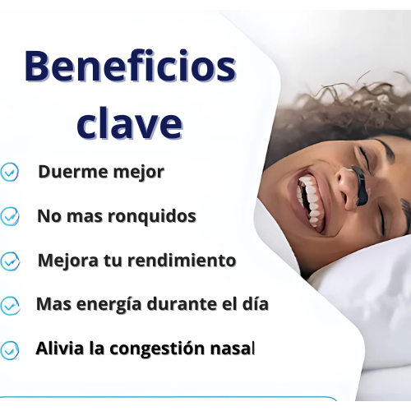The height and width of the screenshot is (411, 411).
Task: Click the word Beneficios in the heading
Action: point(131,67)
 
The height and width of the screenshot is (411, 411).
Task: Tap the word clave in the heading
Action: point(130,122)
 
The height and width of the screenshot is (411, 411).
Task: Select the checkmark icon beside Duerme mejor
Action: point(9,172)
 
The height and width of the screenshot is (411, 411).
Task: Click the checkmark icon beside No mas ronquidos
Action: point(10,216)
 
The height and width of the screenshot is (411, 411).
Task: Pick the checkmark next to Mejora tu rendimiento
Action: point(10,261)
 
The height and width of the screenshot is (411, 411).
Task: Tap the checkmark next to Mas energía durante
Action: point(10,306)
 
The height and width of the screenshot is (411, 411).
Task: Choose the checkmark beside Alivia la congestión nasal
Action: point(10,350)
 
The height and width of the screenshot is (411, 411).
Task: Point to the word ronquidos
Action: point(152,216)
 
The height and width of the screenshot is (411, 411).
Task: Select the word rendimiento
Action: point(182,261)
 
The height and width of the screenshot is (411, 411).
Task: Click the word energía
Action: point(109,304)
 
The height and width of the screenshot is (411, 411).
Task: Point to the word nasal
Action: point(233,349)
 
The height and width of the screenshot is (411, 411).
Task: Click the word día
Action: point(256,304)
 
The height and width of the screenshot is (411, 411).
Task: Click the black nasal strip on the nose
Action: point(360,185)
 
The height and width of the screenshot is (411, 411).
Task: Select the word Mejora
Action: point(68,261)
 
